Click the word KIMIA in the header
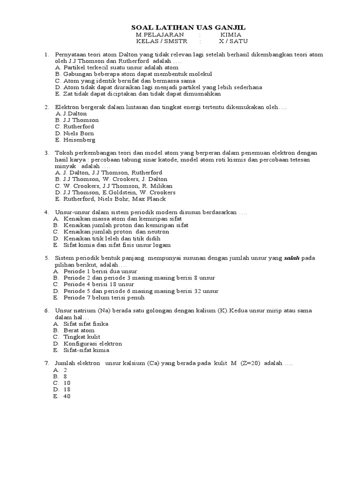(231, 35)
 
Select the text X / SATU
(232, 41)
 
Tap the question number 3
(47, 153)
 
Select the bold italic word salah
(292, 258)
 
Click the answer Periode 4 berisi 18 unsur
(99, 284)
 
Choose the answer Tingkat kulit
(82, 337)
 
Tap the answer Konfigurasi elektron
(93, 343)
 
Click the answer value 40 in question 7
(66, 396)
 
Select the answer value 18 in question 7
(66, 390)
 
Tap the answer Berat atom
(79, 330)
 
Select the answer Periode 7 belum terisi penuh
(104, 297)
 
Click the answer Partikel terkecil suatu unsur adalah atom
(118, 67)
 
